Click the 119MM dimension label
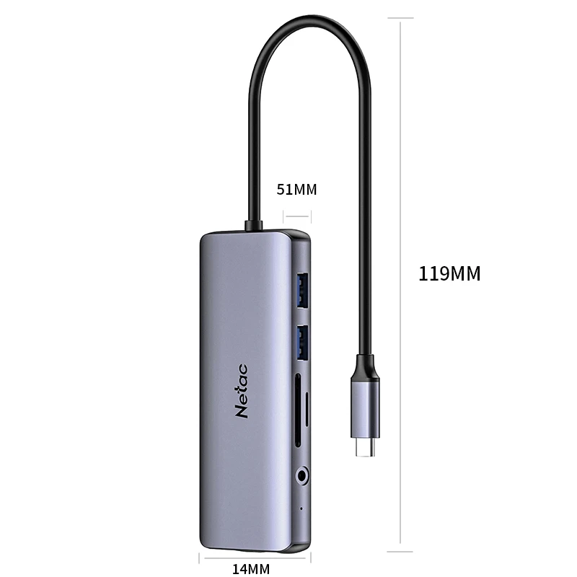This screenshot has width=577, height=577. click(449, 274)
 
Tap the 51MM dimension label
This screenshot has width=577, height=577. click(296, 190)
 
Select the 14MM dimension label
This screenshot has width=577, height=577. click(250, 568)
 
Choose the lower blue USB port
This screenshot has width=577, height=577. click(303, 341)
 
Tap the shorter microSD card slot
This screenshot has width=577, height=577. click(309, 409)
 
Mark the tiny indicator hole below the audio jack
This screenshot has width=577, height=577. click(301, 507)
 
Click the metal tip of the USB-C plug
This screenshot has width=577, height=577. click(366, 450)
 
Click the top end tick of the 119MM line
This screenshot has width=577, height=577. click(401, 18)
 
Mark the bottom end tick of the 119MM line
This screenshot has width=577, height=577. click(401, 543)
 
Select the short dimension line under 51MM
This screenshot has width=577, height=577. click(296, 216)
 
